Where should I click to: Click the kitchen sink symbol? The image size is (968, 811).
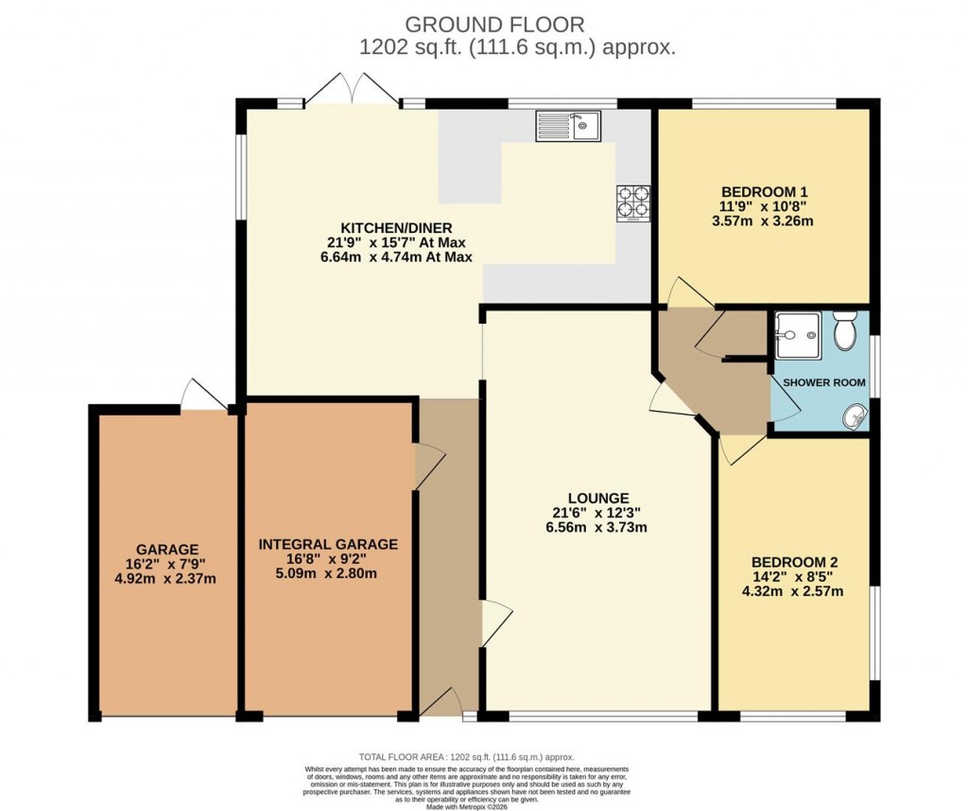coord(568,125)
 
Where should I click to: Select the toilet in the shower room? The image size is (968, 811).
coord(845,331)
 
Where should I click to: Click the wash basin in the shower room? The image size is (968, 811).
coord(856,414)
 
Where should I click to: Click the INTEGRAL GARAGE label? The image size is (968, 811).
coord(328,544)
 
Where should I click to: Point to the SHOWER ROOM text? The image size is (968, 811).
coord(819,382)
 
